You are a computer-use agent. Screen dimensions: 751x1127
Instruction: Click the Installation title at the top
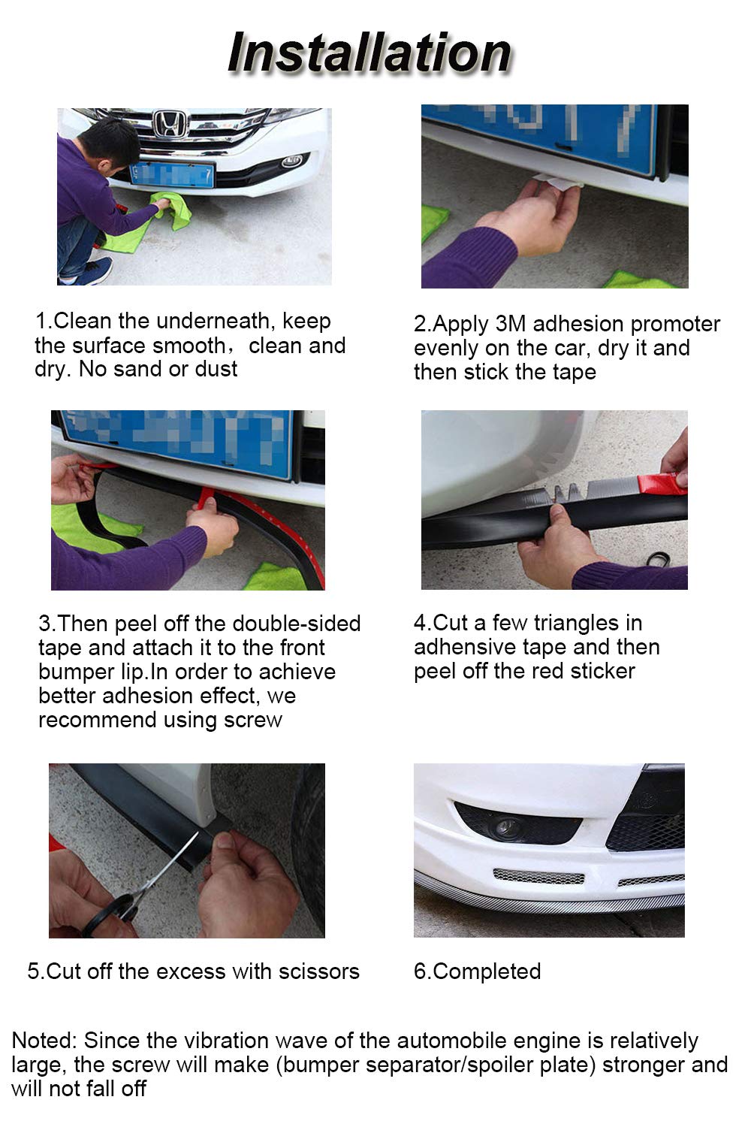click(369, 53)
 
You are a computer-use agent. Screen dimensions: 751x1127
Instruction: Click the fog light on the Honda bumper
click(292, 161)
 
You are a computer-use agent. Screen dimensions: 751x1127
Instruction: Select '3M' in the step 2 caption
click(511, 324)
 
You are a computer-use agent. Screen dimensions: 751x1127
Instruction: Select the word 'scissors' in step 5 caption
click(319, 971)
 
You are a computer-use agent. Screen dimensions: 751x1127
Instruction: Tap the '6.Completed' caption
click(477, 971)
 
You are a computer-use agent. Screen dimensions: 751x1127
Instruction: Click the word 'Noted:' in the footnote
click(44, 1041)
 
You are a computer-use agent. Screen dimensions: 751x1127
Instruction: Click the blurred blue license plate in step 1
click(172, 174)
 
